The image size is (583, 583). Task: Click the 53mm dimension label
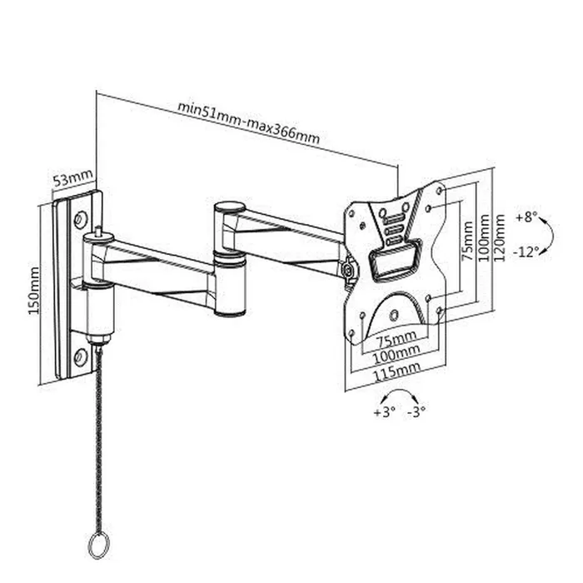(73, 179)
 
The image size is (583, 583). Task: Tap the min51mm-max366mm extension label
(248, 122)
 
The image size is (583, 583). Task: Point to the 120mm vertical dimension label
(500, 237)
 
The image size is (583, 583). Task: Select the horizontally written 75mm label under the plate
(394, 341)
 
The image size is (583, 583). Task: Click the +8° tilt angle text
(526, 217)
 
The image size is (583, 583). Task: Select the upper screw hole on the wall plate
(81, 221)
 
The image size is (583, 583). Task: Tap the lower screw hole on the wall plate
(80, 356)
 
